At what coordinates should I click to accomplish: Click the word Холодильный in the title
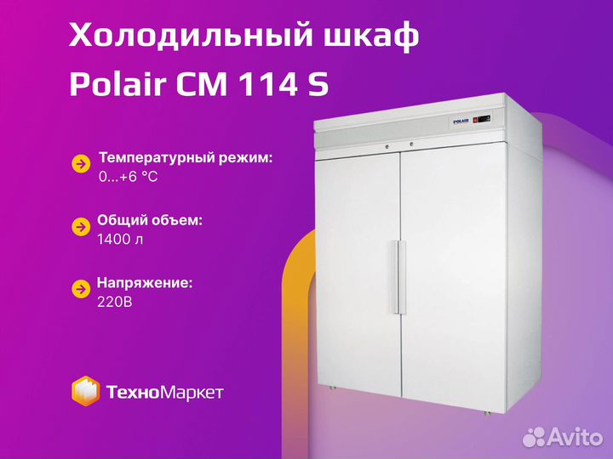click(x=192, y=35)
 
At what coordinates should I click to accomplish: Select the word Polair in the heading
click(x=117, y=83)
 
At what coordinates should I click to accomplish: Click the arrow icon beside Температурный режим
click(x=82, y=164)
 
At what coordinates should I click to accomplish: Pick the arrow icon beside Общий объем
click(x=82, y=227)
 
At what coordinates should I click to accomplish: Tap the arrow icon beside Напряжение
click(x=82, y=289)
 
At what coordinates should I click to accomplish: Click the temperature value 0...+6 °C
click(x=129, y=177)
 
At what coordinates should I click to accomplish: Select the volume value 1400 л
click(x=120, y=239)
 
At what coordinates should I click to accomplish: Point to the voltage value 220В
click(x=115, y=302)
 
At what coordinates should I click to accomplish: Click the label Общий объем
click(x=150, y=220)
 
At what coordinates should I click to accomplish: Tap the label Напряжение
click(x=145, y=283)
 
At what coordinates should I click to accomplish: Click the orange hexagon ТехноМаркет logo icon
click(x=85, y=391)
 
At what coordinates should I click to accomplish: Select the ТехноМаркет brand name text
click(x=164, y=392)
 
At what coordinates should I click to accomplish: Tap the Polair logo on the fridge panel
click(x=461, y=122)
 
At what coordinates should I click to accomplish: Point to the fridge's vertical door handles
click(x=398, y=277)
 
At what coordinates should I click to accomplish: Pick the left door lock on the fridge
click(x=387, y=147)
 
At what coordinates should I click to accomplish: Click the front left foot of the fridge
click(x=332, y=388)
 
